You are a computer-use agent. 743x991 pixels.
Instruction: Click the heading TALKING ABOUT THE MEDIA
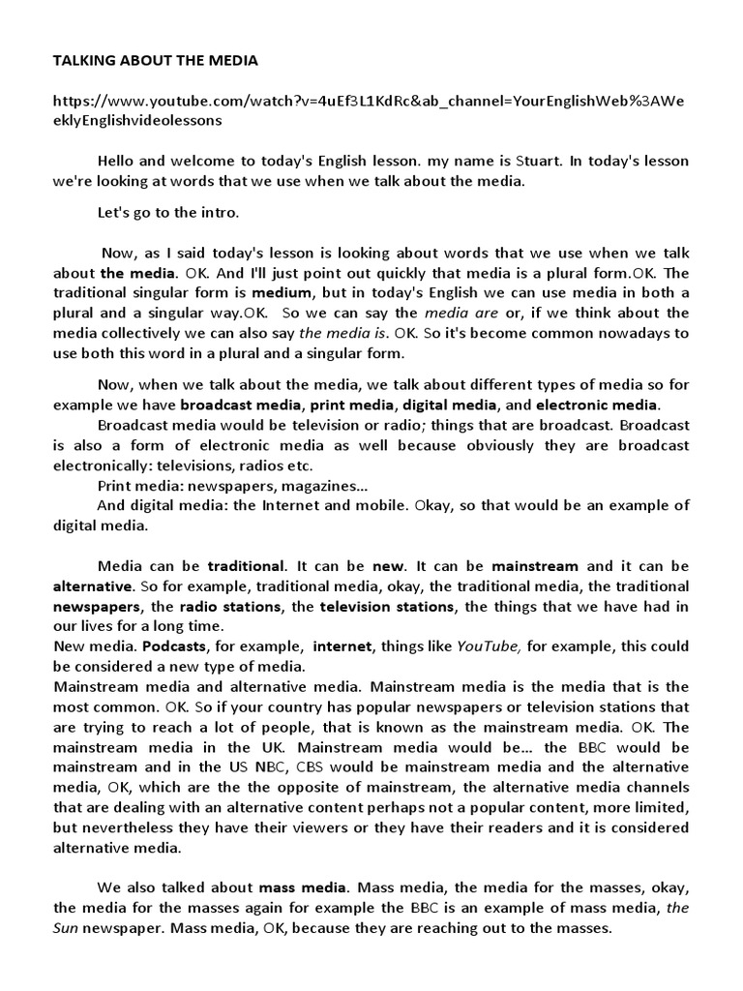[155, 60]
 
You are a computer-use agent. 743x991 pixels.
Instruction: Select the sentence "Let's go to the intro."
[168, 211]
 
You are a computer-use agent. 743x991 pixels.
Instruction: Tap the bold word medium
[282, 292]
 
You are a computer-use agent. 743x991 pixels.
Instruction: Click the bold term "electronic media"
[597, 404]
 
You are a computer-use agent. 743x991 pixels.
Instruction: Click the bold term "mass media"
[303, 887]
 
